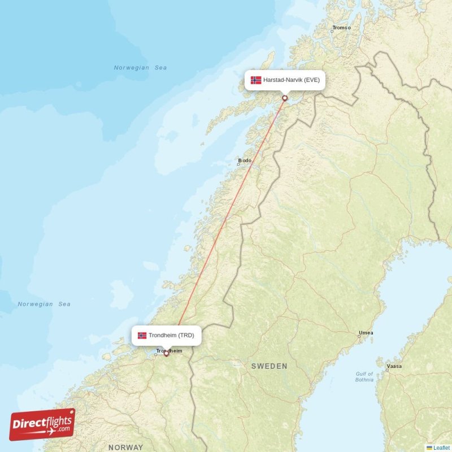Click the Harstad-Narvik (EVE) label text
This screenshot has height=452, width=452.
pos(291,80)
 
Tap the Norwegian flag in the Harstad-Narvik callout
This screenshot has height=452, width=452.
pos(256,80)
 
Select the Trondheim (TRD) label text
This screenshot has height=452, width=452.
pos(171,336)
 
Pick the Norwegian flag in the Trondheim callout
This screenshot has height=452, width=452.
pos(142,336)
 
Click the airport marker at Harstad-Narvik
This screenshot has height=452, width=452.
pos(285,98)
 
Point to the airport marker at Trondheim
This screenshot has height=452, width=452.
pos(166,354)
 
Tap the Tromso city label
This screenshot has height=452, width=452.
pos(342,28)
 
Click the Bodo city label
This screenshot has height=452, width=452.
pos(245,160)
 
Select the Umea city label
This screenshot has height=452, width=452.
pos(366,333)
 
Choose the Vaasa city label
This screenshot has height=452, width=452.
pos(394,366)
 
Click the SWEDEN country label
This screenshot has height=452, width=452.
pos(269,366)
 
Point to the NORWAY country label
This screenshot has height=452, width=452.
pos(125,447)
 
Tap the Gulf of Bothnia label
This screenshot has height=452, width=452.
pos(364,377)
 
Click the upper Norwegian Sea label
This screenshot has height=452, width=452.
pos(140,68)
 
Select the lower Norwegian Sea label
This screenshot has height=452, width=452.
pos(44,304)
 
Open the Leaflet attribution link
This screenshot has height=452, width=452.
pos(442,447)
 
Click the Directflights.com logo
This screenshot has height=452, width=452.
pos(42,424)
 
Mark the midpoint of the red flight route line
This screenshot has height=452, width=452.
pos(225,225)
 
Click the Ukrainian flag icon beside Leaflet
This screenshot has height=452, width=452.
pos(429,447)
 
